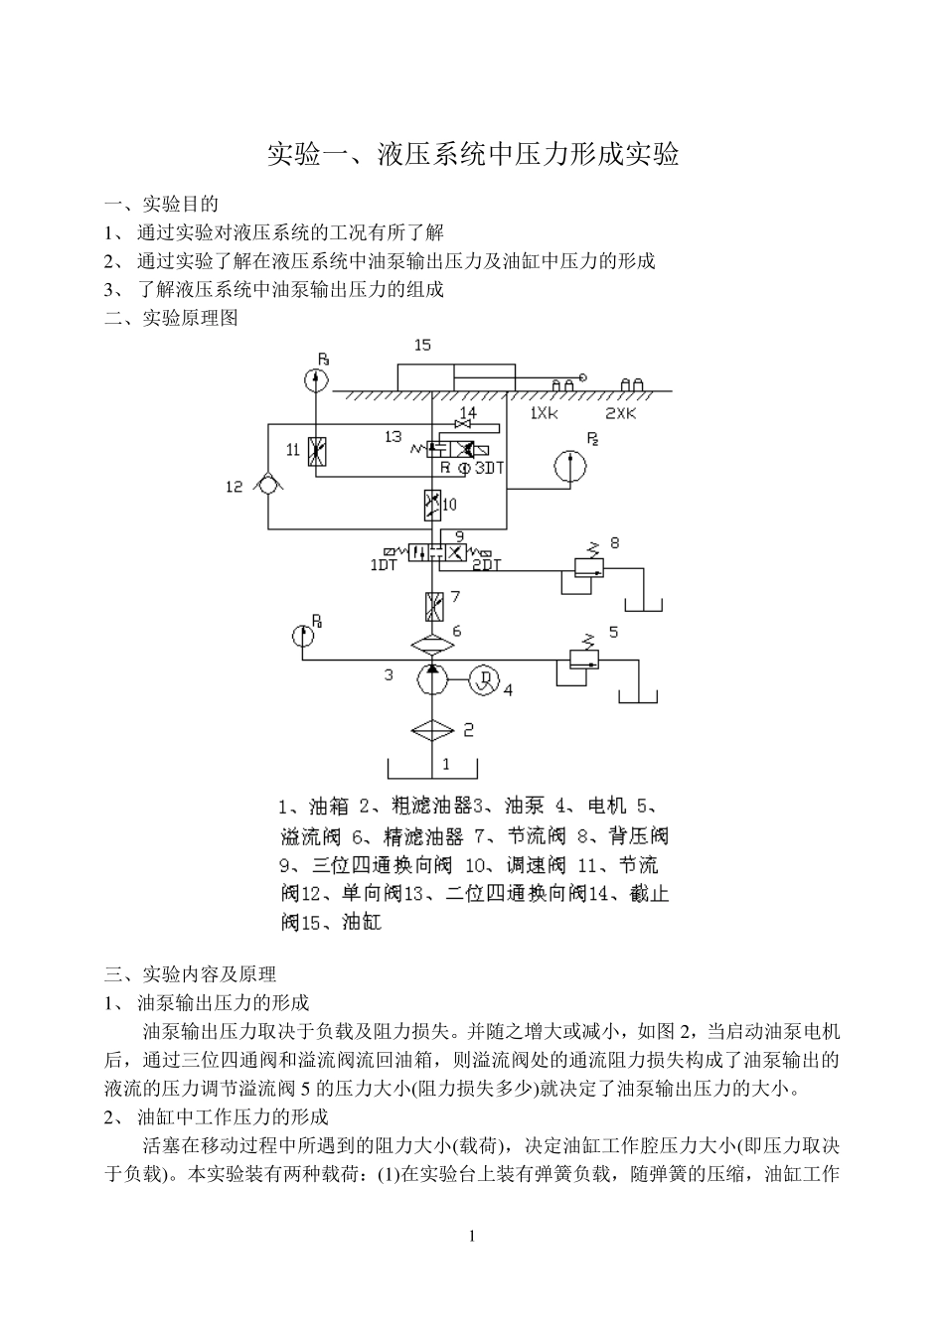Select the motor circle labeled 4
(x=484, y=680)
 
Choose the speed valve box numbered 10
(x=432, y=505)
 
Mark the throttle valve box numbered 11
(x=317, y=451)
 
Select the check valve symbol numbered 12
(x=267, y=487)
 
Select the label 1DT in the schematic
(x=383, y=566)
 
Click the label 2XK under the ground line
(x=621, y=412)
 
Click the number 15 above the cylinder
(x=422, y=346)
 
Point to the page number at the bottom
(x=472, y=1237)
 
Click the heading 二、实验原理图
(x=171, y=318)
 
